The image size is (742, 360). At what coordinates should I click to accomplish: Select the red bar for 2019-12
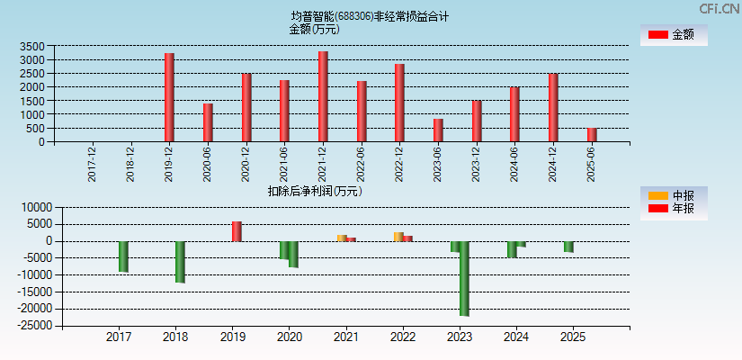click(x=169, y=97)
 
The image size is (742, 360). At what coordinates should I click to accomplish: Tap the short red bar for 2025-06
click(x=592, y=135)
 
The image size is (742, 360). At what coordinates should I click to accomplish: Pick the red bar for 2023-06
click(x=438, y=130)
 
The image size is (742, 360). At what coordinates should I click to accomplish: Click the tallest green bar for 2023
click(x=464, y=278)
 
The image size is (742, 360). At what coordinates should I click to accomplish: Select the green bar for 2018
click(x=180, y=262)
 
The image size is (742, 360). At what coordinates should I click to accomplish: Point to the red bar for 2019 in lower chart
click(x=237, y=231)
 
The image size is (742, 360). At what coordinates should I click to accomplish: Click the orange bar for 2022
click(x=398, y=237)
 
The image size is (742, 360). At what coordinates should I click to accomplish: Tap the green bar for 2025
click(x=568, y=247)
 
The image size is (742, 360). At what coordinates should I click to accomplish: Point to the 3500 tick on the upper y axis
click(x=31, y=46)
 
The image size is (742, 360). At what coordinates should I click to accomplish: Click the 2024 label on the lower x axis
click(x=516, y=337)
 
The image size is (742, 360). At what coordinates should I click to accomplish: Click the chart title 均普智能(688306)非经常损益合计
click(x=370, y=16)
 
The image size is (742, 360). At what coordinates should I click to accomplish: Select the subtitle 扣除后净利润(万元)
click(x=315, y=191)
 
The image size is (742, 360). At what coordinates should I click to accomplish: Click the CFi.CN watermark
click(x=719, y=8)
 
